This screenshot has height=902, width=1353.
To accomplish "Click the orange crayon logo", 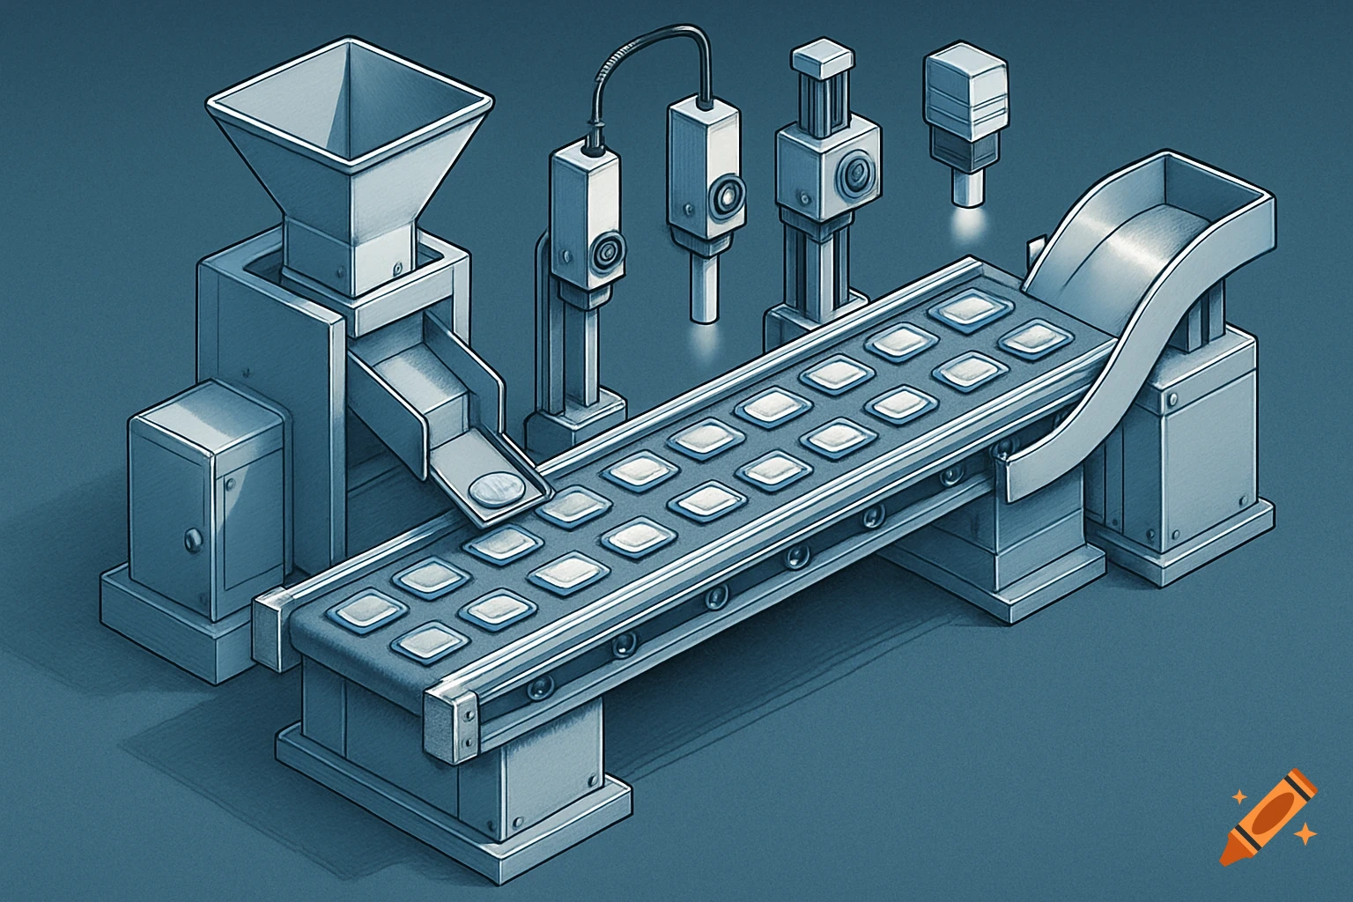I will point(1268,816).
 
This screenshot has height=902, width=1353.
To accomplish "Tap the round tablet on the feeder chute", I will point(494,486).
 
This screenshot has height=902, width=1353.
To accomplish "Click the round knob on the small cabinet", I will point(189,537).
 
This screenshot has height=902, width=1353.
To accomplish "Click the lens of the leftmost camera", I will point(606,252).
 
